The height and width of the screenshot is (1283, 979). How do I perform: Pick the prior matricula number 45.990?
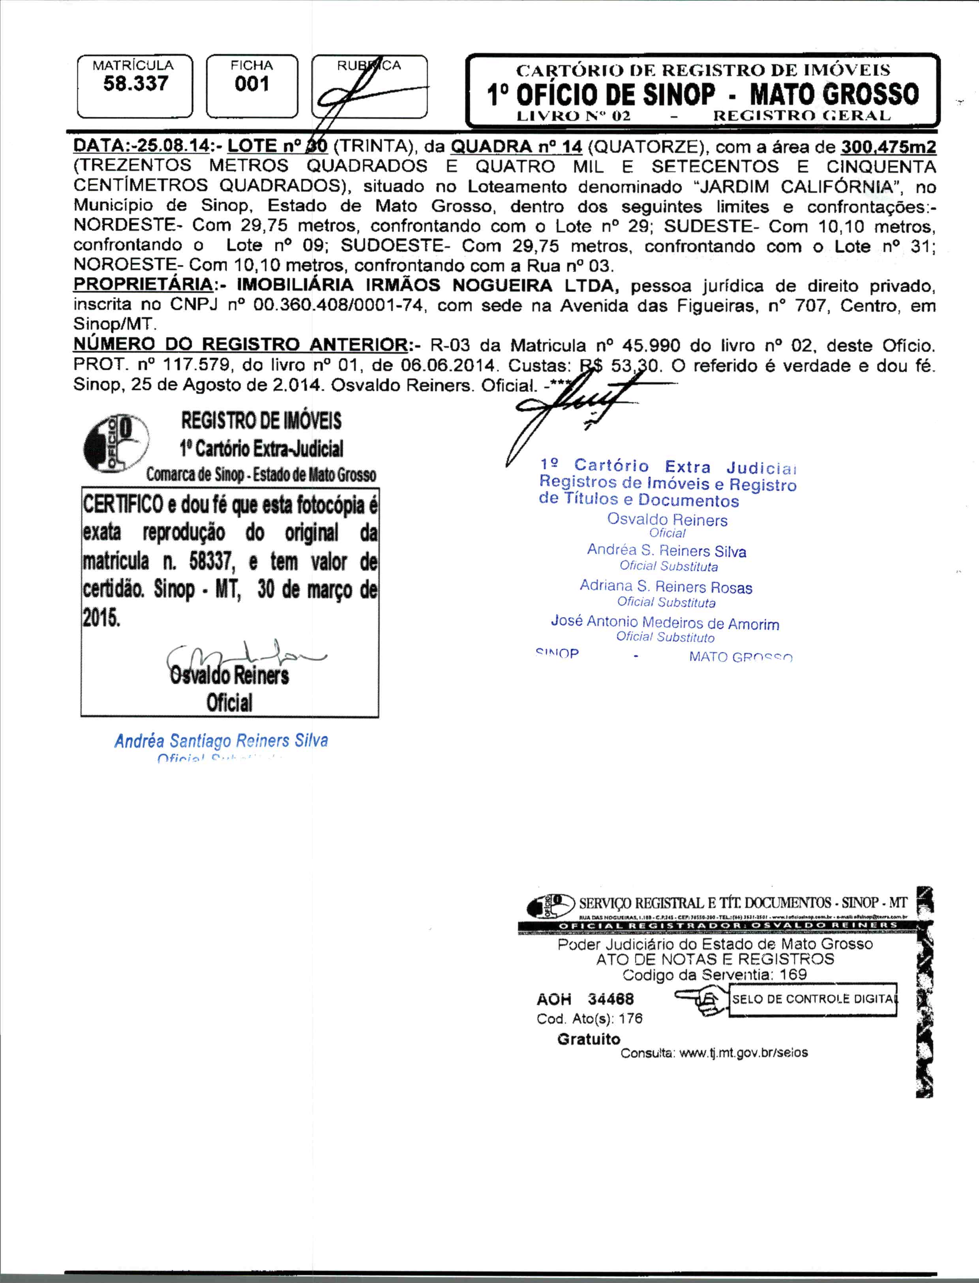[649, 346]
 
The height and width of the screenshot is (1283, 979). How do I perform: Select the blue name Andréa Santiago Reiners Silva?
[221, 741]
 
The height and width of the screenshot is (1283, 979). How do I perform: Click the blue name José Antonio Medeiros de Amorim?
[665, 623]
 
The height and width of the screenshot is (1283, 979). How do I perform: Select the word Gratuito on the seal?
[589, 1039]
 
